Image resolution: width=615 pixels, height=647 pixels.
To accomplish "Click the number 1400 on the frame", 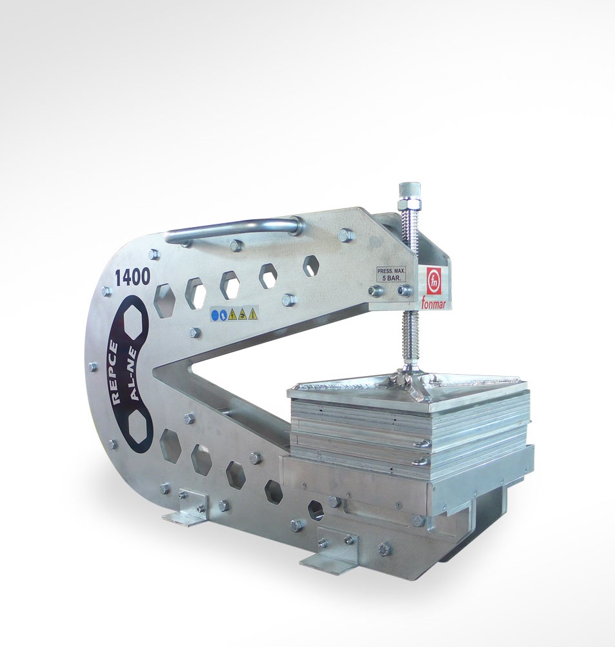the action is (132, 278).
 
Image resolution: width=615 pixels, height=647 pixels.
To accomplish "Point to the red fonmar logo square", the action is (434, 281).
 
